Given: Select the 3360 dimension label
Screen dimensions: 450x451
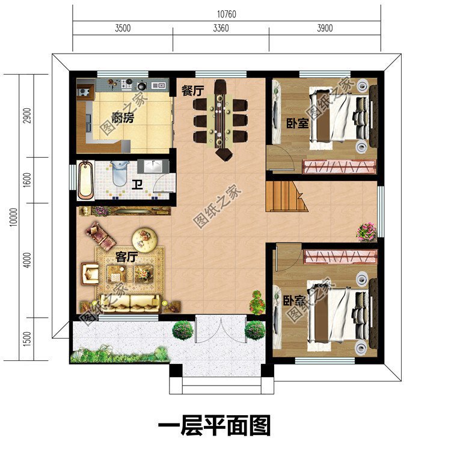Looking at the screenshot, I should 221,28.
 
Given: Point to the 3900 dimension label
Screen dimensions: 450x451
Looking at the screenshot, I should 324,28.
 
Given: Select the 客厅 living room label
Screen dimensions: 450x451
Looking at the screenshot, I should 127,257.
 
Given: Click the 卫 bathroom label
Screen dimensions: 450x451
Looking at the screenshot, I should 137,185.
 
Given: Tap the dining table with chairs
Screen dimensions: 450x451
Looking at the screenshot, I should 221,119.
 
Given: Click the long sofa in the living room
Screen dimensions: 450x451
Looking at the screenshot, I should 130,301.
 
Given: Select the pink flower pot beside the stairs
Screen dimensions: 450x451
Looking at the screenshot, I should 366,231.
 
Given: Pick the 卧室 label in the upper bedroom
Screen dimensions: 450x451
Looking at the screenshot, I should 297,123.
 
